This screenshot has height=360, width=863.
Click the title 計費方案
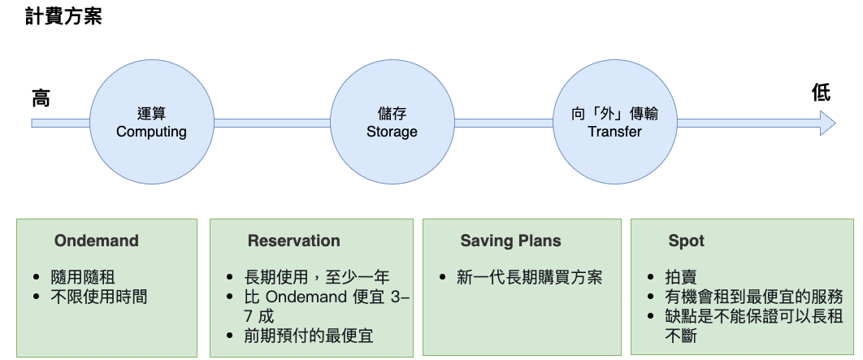pos(63,16)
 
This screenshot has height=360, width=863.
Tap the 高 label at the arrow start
pos(41,98)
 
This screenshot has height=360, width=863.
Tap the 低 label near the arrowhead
pos(822,93)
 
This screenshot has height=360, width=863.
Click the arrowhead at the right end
pos(827,124)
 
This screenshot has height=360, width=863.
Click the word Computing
pos(151,132)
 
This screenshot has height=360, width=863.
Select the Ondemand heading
pos(97,241)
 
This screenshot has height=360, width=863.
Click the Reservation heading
pos(293,241)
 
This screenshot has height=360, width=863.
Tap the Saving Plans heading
pos(510,241)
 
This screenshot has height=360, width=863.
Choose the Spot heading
pos(686,241)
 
